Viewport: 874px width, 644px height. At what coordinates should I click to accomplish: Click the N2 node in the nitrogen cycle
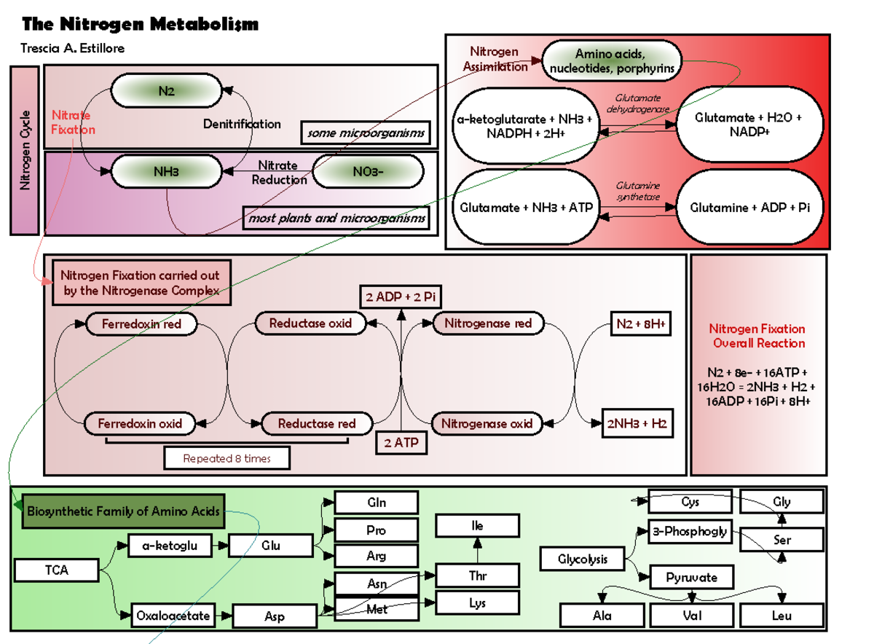[x=166, y=91]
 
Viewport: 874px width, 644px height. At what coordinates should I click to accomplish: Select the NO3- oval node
[x=368, y=172]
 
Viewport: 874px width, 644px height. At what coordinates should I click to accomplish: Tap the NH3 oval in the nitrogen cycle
[x=166, y=172]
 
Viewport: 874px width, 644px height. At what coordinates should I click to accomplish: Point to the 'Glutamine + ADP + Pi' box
[x=749, y=208]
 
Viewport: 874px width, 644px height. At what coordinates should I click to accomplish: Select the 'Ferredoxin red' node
[x=141, y=323]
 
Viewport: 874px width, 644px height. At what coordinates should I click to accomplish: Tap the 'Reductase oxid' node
[x=310, y=323]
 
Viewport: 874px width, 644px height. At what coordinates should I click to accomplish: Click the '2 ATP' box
[x=401, y=442]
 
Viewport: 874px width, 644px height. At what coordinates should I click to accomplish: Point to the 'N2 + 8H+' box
[x=640, y=323]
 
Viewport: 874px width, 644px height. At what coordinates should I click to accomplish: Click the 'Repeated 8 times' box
[x=227, y=458]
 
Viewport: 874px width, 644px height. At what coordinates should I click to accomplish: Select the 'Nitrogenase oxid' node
[x=487, y=423]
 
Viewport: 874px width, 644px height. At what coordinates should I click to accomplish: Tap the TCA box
[x=56, y=570]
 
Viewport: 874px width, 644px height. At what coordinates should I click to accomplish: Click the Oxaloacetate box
[x=173, y=616]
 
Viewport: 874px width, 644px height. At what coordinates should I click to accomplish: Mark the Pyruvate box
[x=691, y=578]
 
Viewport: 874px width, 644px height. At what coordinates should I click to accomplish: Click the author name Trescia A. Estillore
[x=74, y=49]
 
